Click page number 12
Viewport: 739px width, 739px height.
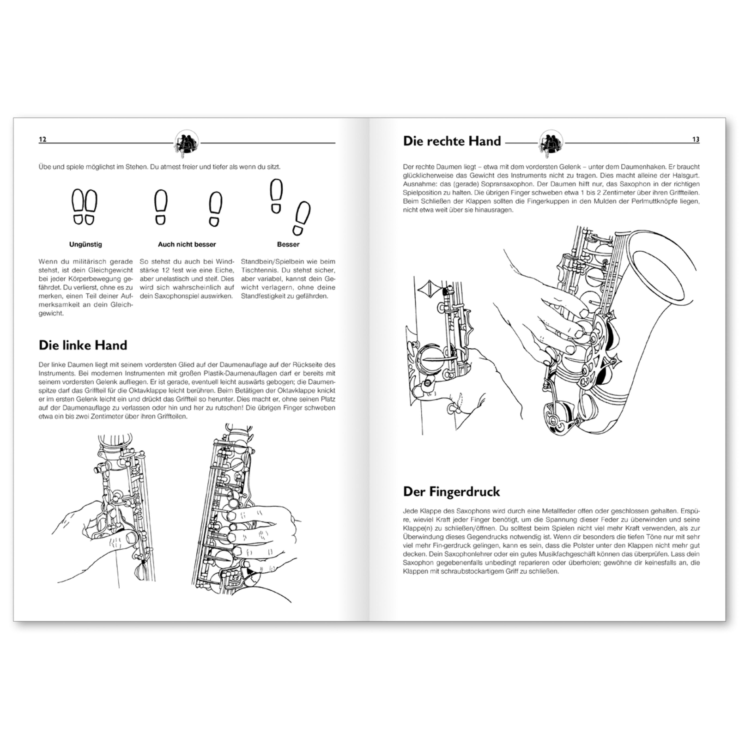point(42,139)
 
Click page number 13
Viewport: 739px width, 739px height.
point(696,139)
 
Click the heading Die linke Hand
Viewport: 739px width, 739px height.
point(83,345)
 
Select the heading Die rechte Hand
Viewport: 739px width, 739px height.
point(451,141)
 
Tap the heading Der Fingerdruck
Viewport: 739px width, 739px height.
point(451,491)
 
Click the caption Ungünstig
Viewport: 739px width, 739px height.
point(85,244)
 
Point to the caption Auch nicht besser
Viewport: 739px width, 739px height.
point(187,244)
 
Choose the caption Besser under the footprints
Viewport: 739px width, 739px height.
point(288,244)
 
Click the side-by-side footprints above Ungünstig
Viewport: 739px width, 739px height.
point(85,207)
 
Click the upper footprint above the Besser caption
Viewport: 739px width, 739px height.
point(276,196)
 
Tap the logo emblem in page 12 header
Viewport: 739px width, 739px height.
point(187,143)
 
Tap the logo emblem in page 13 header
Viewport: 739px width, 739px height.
point(551,143)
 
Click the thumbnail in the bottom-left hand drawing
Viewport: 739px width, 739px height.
point(131,537)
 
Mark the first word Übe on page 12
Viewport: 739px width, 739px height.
point(45,167)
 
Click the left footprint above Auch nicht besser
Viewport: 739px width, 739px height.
point(160,206)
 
